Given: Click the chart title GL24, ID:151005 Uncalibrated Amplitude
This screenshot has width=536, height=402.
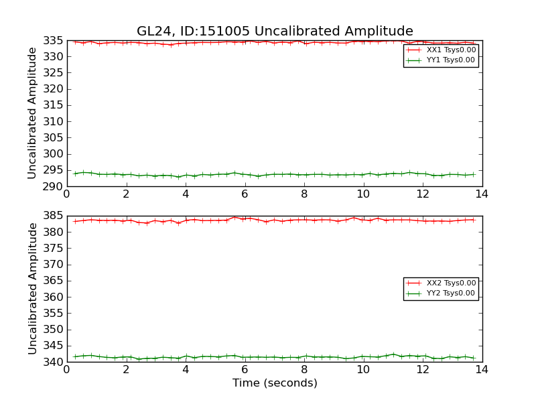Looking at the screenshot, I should point(275,31).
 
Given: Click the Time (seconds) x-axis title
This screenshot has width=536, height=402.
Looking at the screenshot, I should point(275,383).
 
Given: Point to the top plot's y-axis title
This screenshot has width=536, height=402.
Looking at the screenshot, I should point(32,113).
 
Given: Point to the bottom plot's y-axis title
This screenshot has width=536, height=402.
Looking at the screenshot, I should point(32,288).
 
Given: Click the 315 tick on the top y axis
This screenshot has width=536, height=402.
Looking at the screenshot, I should point(54,105).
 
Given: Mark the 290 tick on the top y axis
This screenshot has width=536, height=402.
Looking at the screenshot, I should point(54,186).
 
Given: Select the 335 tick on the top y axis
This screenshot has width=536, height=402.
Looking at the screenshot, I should point(54,40).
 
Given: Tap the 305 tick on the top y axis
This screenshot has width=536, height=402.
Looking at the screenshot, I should point(54,137).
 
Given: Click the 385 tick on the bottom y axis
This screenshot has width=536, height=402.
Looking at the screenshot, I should point(54,216).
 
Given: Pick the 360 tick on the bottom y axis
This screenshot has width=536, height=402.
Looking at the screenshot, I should point(54,297).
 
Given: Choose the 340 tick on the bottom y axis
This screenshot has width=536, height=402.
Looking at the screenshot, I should point(54,362).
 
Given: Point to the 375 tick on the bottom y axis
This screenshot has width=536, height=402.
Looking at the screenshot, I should point(54,248).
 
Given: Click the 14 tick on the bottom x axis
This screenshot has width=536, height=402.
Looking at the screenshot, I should point(482,369).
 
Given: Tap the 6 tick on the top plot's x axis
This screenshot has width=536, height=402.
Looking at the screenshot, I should point(245,194).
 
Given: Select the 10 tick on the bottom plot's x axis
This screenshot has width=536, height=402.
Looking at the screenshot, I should point(363,369).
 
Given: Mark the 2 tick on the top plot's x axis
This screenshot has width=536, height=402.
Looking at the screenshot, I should point(126,194).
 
